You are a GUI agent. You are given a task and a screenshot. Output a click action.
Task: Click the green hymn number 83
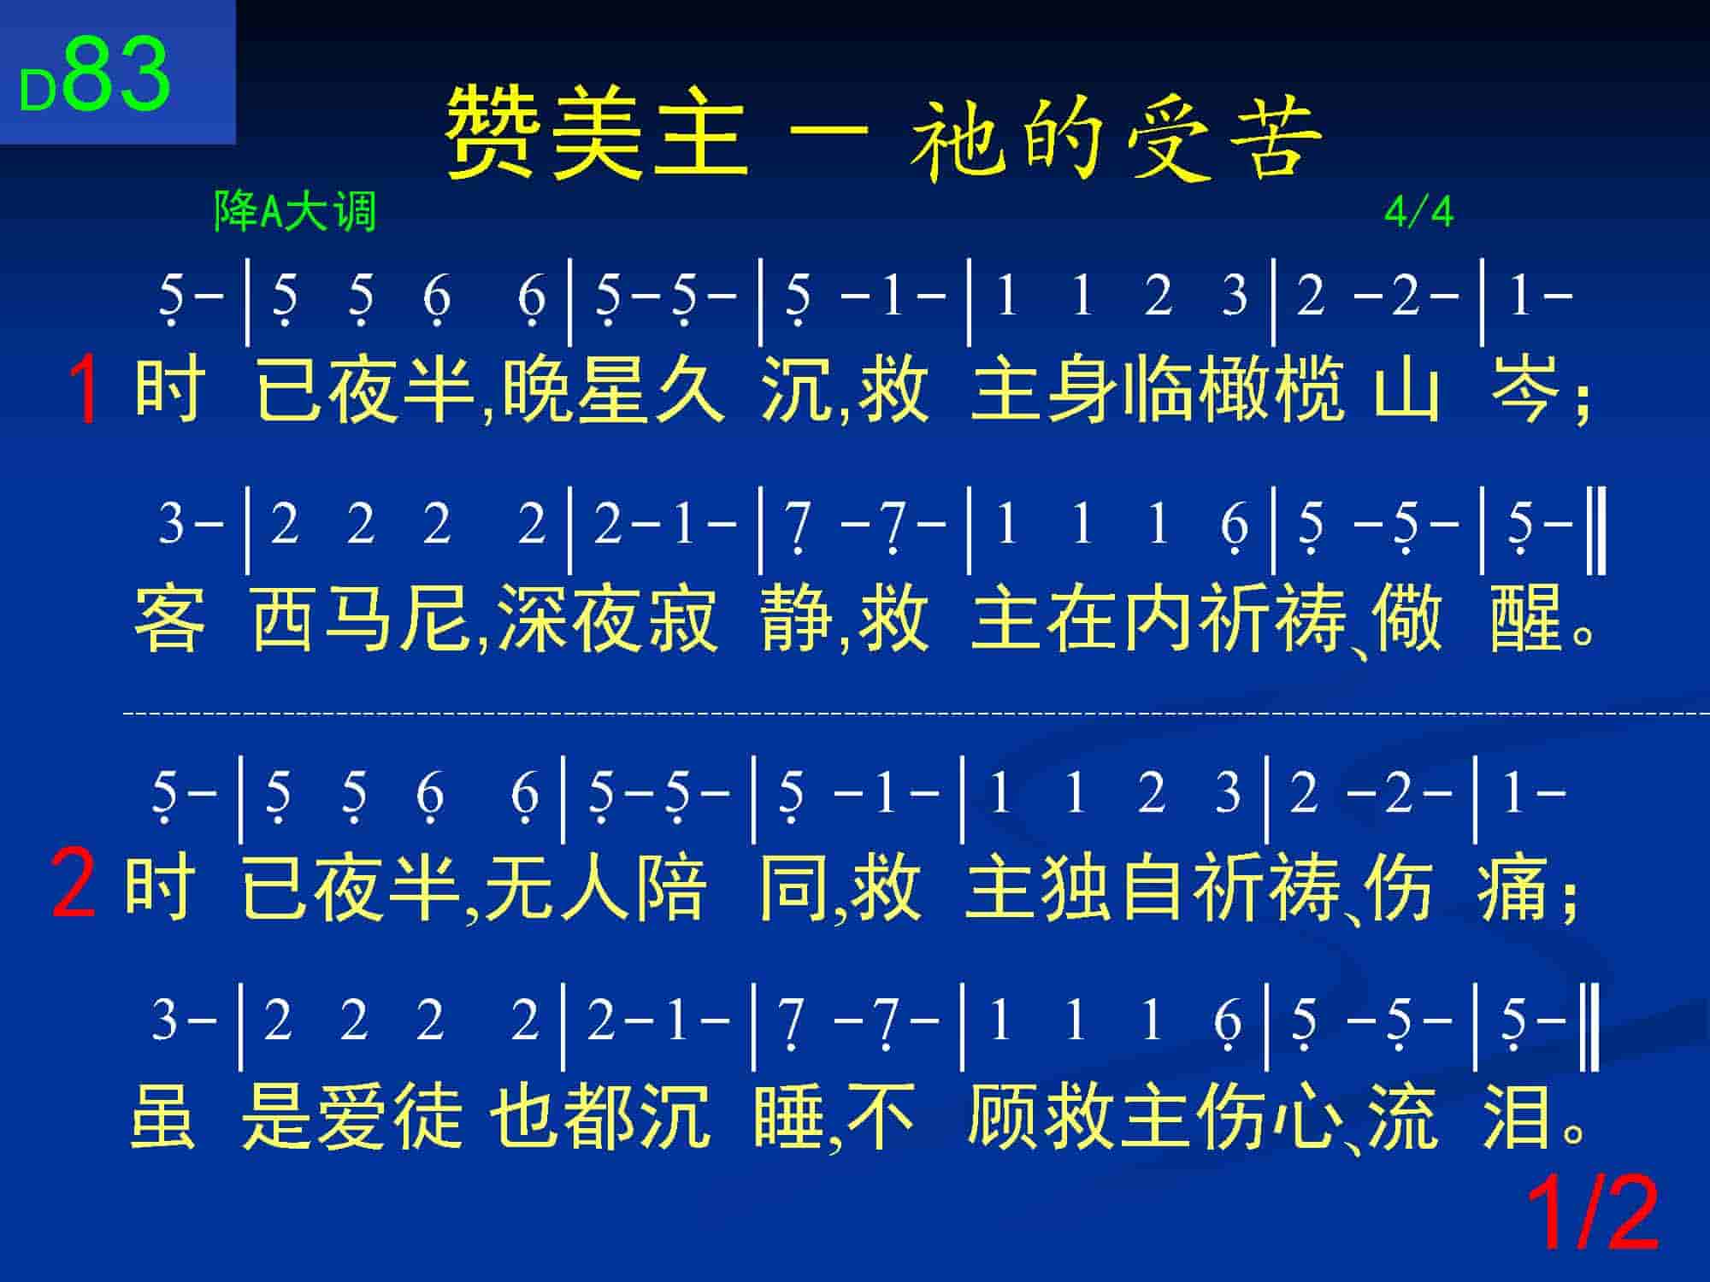[x=117, y=74]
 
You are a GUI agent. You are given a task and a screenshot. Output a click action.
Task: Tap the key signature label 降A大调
[x=295, y=211]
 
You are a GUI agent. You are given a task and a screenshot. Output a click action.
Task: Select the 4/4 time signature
[x=1418, y=213]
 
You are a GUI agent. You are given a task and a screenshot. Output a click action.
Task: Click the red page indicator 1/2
[x=1593, y=1214]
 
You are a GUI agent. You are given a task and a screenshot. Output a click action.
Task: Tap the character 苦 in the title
[x=1274, y=137]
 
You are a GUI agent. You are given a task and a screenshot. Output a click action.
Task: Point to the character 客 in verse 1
[x=170, y=617]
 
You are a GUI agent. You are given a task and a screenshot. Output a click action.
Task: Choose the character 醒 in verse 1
[x=1526, y=617]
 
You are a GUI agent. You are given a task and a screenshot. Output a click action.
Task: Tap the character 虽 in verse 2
[x=163, y=1116]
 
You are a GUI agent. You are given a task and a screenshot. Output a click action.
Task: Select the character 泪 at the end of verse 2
[x=1518, y=1116]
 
